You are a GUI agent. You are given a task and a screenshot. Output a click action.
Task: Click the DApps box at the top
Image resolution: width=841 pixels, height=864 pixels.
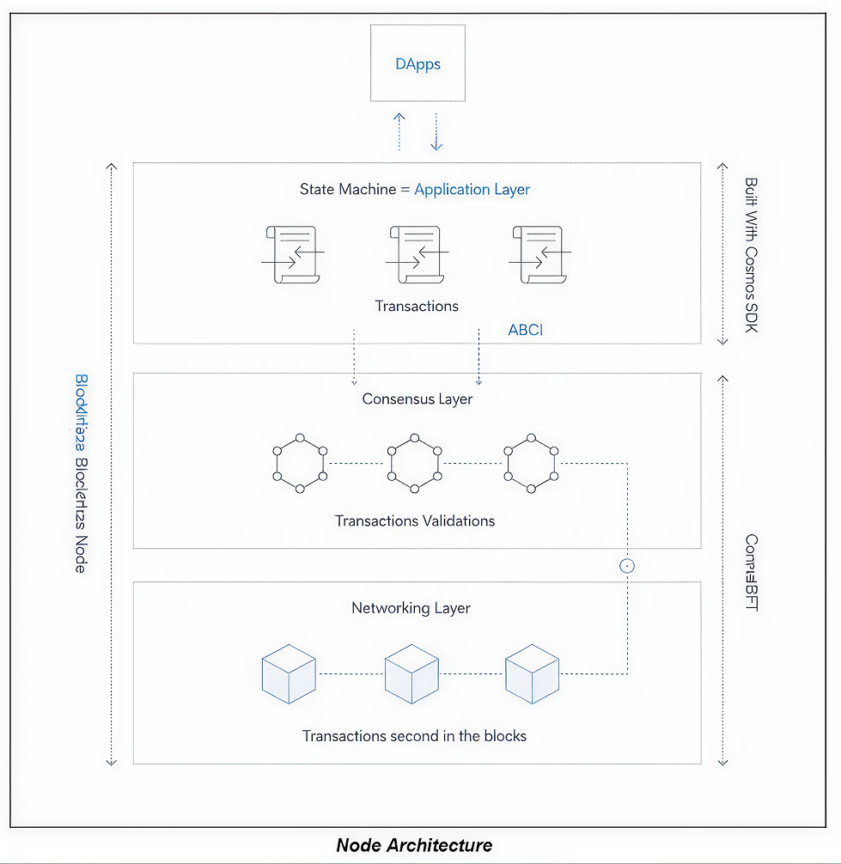tap(417, 64)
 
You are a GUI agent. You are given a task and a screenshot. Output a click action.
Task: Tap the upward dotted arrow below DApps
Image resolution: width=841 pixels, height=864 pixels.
tap(399, 131)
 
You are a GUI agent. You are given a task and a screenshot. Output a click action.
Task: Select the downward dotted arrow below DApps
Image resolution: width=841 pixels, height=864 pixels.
tap(436, 131)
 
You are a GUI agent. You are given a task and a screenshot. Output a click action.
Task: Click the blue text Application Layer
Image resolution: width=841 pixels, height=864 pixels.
tap(472, 189)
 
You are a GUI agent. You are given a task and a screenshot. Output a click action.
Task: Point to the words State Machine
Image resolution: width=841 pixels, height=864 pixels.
tap(347, 189)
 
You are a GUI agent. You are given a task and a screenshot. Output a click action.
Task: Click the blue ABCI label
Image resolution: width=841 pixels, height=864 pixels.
tap(525, 329)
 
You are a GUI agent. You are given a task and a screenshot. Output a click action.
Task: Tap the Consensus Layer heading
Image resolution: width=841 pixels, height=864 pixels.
tap(417, 399)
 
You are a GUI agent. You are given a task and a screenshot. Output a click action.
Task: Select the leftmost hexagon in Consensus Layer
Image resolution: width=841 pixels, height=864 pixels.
tap(300, 464)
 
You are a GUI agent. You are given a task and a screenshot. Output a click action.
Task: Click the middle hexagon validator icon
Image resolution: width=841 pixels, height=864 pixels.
tap(414, 464)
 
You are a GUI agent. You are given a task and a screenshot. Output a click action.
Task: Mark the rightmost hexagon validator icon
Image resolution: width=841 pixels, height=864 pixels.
tap(531, 464)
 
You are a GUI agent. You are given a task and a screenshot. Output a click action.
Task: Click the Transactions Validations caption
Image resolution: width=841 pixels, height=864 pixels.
tap(415, 520)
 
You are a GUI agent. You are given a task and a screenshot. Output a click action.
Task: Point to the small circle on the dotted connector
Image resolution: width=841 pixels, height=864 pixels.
tap(627, 565)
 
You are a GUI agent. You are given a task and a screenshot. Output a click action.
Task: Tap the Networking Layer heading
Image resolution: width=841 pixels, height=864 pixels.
tap(411, 608)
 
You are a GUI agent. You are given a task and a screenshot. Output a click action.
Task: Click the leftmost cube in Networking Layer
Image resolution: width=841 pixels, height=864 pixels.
tap(289, 674)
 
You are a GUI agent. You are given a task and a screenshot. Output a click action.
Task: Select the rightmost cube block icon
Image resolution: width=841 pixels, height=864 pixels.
tap(532, 674)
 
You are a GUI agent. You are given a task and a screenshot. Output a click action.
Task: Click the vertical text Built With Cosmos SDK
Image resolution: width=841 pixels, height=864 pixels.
tap(751, 255)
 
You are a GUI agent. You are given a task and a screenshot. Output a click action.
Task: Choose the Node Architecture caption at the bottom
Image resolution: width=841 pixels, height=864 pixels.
tap(414, 845)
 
